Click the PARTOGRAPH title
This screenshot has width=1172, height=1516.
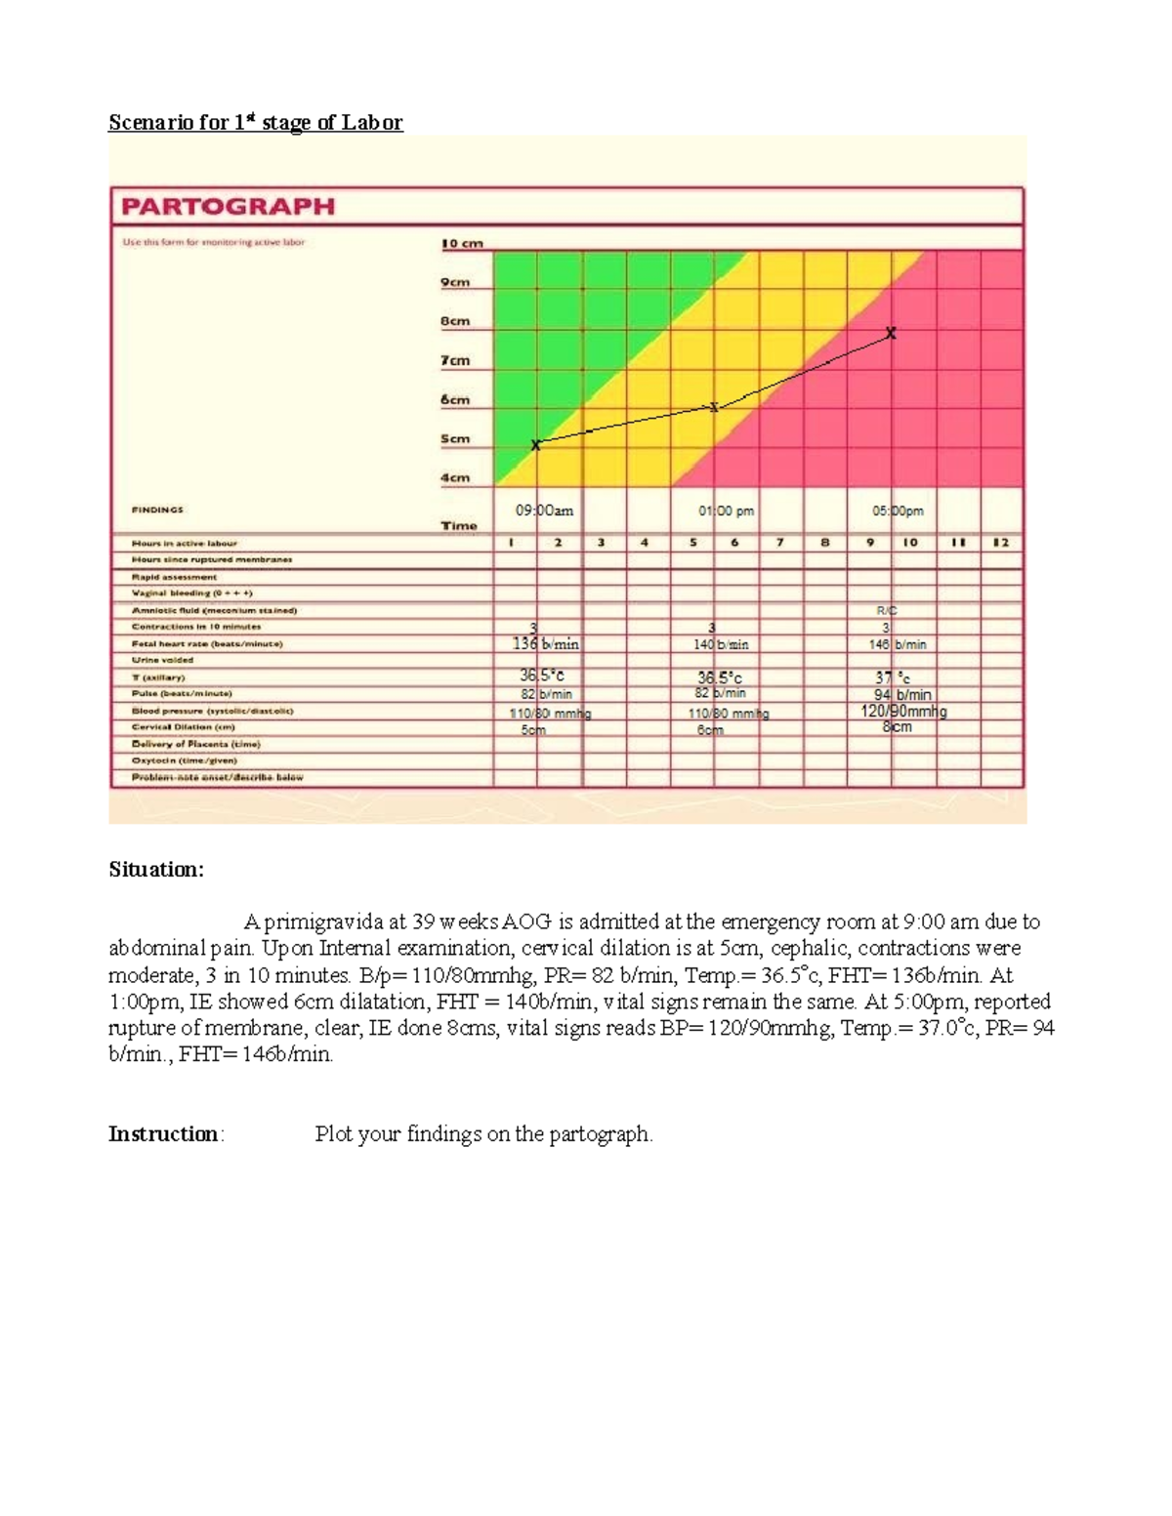coord(228,207)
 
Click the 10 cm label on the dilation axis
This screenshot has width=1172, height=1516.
coord(462,244)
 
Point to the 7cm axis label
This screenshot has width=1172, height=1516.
coord(455,361)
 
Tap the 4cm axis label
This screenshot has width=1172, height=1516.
coord(455,478)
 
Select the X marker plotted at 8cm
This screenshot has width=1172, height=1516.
coord(891,334)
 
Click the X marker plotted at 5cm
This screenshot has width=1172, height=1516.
coord(535,445)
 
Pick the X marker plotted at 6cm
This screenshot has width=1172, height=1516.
coord(714,407)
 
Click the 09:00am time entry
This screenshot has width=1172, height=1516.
coord(544,511)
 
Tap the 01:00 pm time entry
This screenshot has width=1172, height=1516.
coord(726,511)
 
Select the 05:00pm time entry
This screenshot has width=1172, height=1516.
coord(898,511)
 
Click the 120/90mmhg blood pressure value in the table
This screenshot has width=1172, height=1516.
coord(903,712)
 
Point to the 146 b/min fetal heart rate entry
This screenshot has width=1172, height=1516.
coord(898,645)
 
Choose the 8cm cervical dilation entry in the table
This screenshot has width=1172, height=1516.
coord(897,727)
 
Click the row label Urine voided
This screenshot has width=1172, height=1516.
coord(162,661)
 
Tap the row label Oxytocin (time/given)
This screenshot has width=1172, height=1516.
coord(185,760)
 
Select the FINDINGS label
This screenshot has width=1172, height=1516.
coord(157,510)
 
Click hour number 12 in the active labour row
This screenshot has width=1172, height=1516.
coord(1001,543)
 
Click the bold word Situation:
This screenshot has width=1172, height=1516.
coord(156,870)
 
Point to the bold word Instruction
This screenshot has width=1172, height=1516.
coord(164,1134)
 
